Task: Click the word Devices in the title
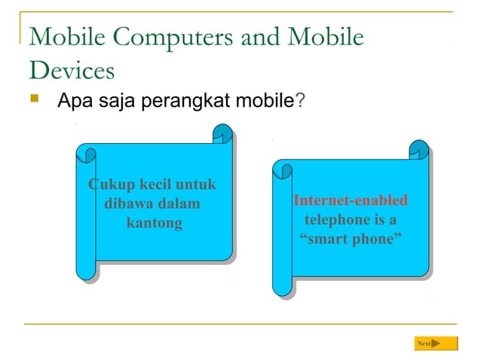coord(72,70)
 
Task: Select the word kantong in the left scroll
coord(154,224)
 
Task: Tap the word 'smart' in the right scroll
coord(324,240)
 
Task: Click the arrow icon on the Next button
coord(436,344)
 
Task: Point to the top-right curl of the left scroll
coord(222,135)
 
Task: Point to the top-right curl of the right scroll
coord(419,150)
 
